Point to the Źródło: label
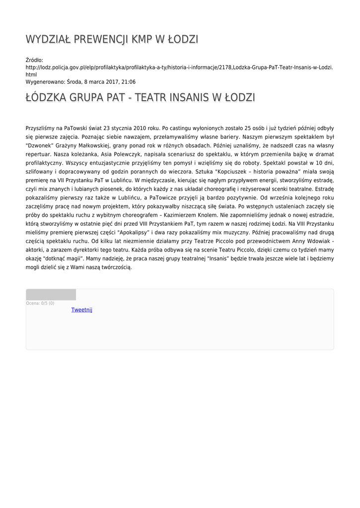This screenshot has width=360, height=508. [34, 60]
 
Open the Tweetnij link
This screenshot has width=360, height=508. [82, 310]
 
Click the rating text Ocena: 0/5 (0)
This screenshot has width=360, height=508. [40, 303]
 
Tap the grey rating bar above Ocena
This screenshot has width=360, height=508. [51, 295]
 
